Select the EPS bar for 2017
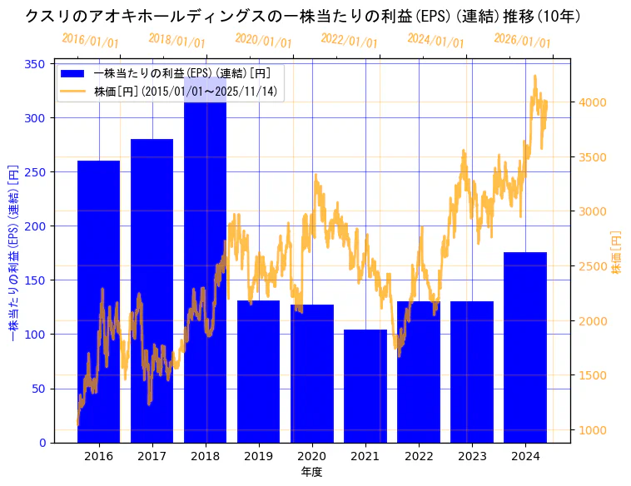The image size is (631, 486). pos(152,290)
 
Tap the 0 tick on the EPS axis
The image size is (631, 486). pos(42,443)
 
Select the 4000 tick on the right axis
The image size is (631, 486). pos(594,102)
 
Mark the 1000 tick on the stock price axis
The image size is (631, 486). pos(594,430)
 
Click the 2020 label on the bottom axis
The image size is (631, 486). pos(311,456)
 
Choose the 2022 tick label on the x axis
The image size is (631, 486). pos(418,456)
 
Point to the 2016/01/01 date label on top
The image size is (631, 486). pos(90,41)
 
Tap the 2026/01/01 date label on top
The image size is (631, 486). pos(522,41)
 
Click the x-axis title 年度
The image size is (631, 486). pos(311,472)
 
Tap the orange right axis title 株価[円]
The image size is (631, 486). pos(617,252)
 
